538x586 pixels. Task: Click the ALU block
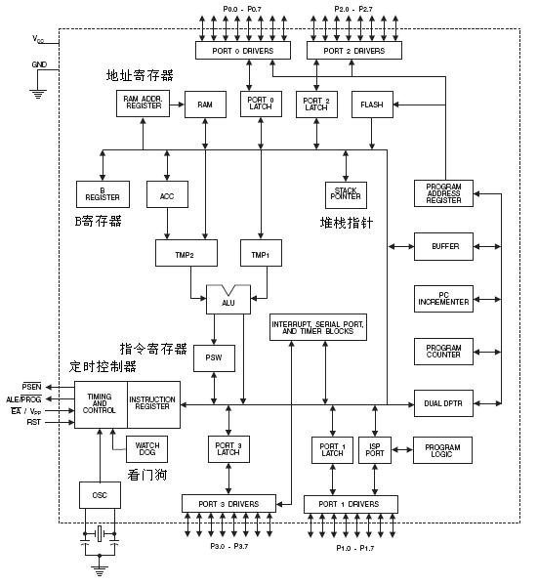228,300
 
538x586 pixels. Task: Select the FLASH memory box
372,105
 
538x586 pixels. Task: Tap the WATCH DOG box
146,449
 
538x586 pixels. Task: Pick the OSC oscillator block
100,495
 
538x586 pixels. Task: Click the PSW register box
214,358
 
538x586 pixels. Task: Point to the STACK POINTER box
346,194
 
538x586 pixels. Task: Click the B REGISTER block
103,194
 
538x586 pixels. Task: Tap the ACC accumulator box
167,194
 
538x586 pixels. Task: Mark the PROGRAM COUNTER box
443,352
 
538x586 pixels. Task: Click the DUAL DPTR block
443,403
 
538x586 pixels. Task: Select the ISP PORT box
375,450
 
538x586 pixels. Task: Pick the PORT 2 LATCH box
316,105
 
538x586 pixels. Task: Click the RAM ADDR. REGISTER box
143,104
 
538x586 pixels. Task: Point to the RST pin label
33,422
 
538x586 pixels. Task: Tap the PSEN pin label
32,387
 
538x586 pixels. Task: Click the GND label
39,64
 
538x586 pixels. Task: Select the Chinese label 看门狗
146,475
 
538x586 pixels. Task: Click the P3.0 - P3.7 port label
229,546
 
